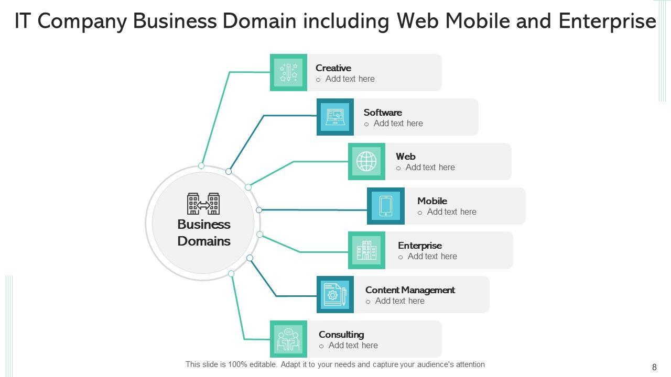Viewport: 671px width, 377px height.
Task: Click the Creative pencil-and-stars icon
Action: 288,72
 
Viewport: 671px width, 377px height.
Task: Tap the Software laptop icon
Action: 335,117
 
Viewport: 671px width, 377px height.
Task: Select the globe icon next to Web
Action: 366,161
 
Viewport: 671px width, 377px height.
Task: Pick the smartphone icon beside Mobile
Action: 385,206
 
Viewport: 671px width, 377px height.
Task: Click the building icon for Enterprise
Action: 366,250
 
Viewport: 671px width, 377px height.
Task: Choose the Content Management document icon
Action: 335,295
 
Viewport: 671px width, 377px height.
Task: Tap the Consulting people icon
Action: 288,339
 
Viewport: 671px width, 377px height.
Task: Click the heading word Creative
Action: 333,68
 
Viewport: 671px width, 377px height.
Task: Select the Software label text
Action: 383,113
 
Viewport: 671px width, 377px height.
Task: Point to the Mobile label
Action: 432,201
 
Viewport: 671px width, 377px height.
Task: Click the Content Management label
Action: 410,290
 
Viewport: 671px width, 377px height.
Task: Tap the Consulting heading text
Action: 341,335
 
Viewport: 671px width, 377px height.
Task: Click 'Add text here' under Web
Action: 430,168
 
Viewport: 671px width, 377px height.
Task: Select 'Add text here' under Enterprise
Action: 432,257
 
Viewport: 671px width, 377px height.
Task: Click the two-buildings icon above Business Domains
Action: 203,204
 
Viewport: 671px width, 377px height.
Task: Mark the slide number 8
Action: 654,368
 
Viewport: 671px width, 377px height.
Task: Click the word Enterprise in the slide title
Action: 607,21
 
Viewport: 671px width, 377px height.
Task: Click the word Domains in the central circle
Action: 204,241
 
